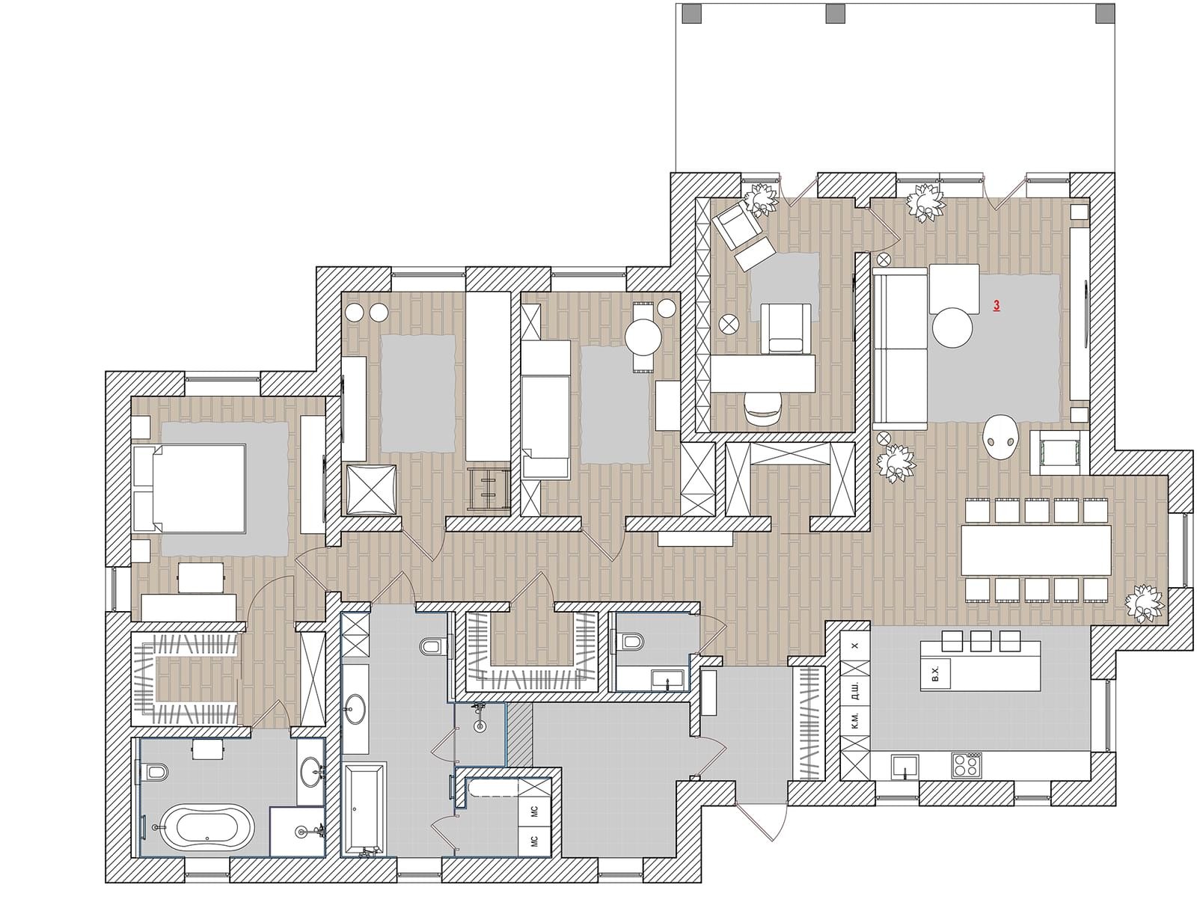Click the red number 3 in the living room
(x=997, y=305)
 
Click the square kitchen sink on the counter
(x=905, y=766)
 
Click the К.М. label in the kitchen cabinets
(x=854, y=721)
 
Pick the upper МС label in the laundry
(x=534, y=811)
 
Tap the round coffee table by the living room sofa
(x=952, y=327)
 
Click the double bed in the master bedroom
(x=189, y=488)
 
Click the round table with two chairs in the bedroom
(x=643, y=336)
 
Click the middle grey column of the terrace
(x=835, y=13)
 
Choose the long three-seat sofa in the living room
(x=900, y=348)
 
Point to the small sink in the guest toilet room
(x=667, y=678)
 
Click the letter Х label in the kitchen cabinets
(x=854, y=645)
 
